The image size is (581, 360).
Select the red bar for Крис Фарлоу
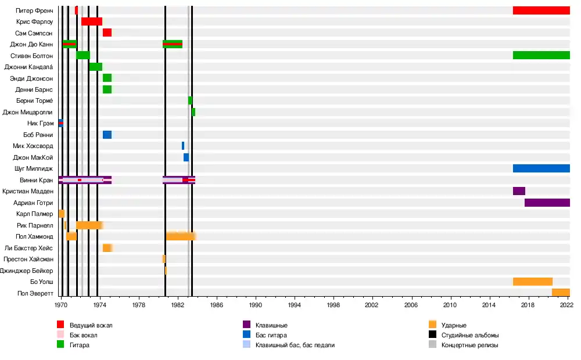pyautogui.click(x=92, y=21)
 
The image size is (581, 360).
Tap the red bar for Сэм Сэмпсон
pyautogui.click(x=107, y=33)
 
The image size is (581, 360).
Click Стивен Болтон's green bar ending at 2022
pyautogui.click(x=541, y=55)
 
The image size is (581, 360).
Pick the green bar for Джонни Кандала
pyautogui.click(x=96, y=67)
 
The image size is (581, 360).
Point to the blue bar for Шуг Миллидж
pyautogui.click(x=541, y=168)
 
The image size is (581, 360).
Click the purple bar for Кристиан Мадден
pyautogui.click(x=519, y=191)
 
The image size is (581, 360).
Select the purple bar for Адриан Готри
pyautogui.click(x=547, y=203)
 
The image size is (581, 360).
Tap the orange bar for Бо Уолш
pyautogui.click(x=532, y=282)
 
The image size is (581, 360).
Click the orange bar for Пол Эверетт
pyautogui.click(x=561, y=293)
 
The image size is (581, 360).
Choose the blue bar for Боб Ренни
pyautogui.click(x=107, y=135)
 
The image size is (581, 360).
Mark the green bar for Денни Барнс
pyautogui.click(x=107, y=89)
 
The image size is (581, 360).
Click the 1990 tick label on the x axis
pyautogui.click(x=255, y=304)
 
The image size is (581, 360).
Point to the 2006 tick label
pyautogui.click(x=411, y=304)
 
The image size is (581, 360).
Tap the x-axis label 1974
pyautogui.click(x=99, y=304)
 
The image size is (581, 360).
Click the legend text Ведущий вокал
pyautogui.click(x=91, y=325)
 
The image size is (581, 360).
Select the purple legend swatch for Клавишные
pyautogui.click(x=246, y=325)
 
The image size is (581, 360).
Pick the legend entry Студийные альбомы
pyautogui.click(x=470, y=335)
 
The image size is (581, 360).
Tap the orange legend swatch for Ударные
pyautogui.click(x=432, y=325)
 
